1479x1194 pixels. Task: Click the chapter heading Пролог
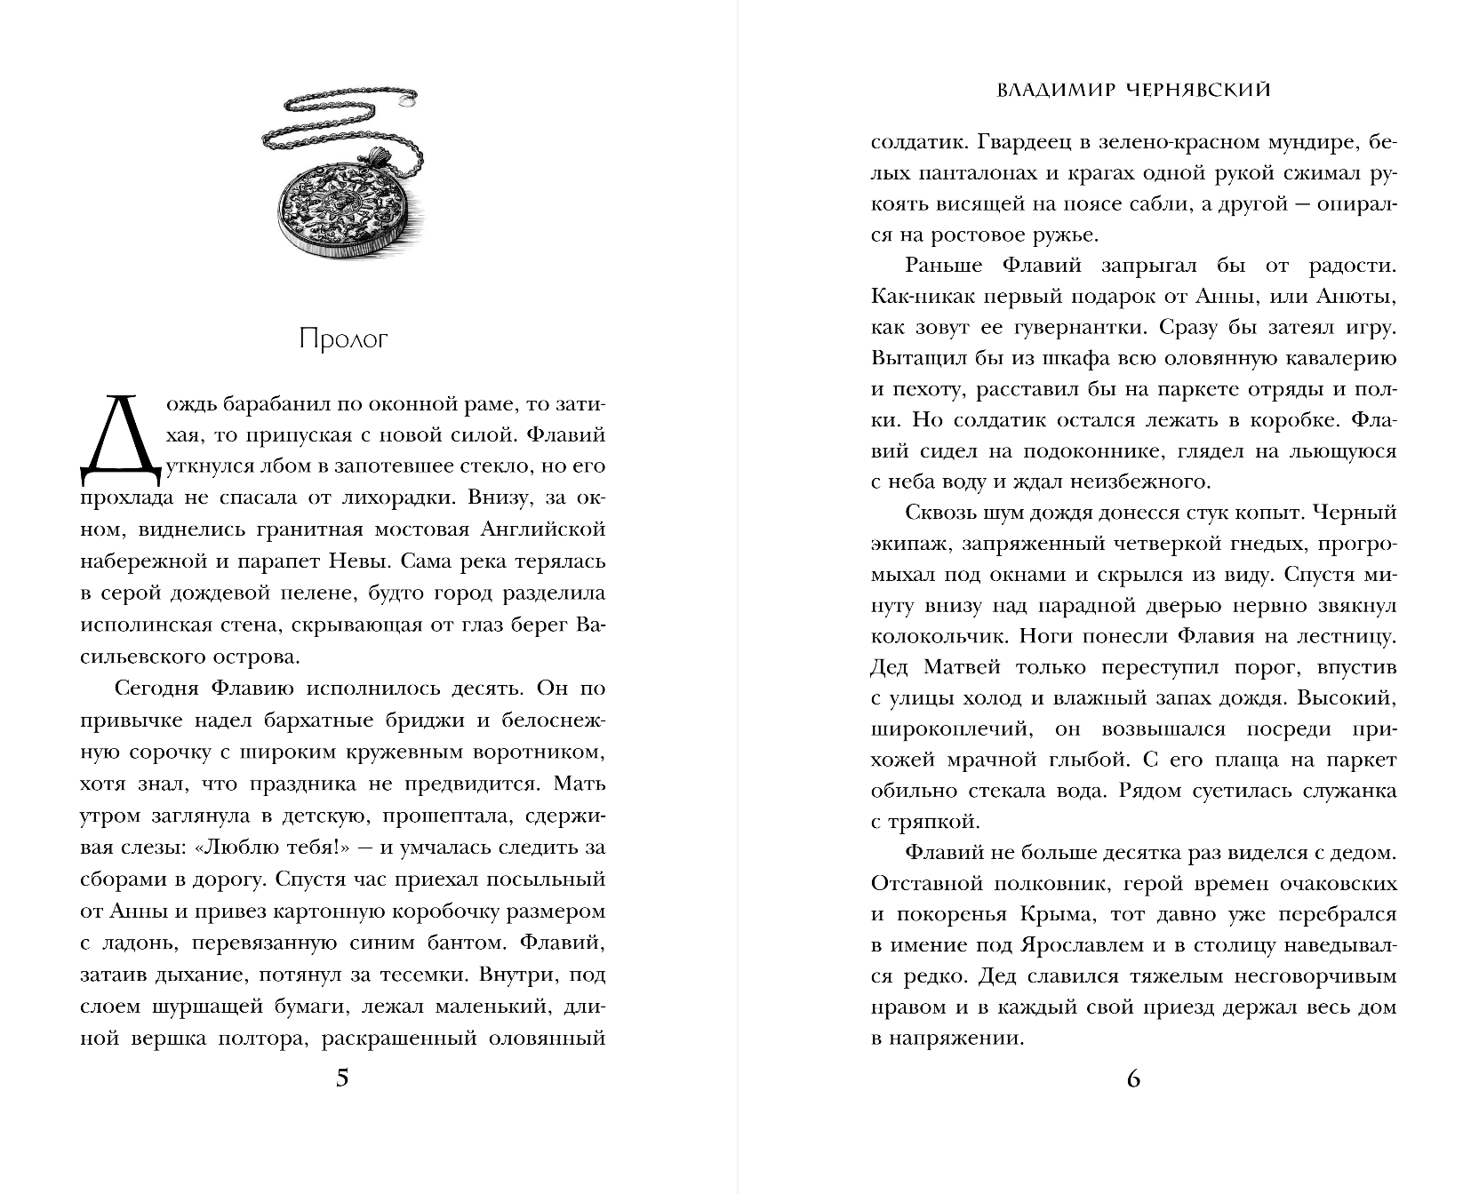point(343,339)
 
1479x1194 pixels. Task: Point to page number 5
point(343,1079)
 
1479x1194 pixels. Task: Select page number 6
point(1133,1079)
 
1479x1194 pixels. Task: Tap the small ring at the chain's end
point(408,102)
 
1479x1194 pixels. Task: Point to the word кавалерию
point(1340,358)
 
